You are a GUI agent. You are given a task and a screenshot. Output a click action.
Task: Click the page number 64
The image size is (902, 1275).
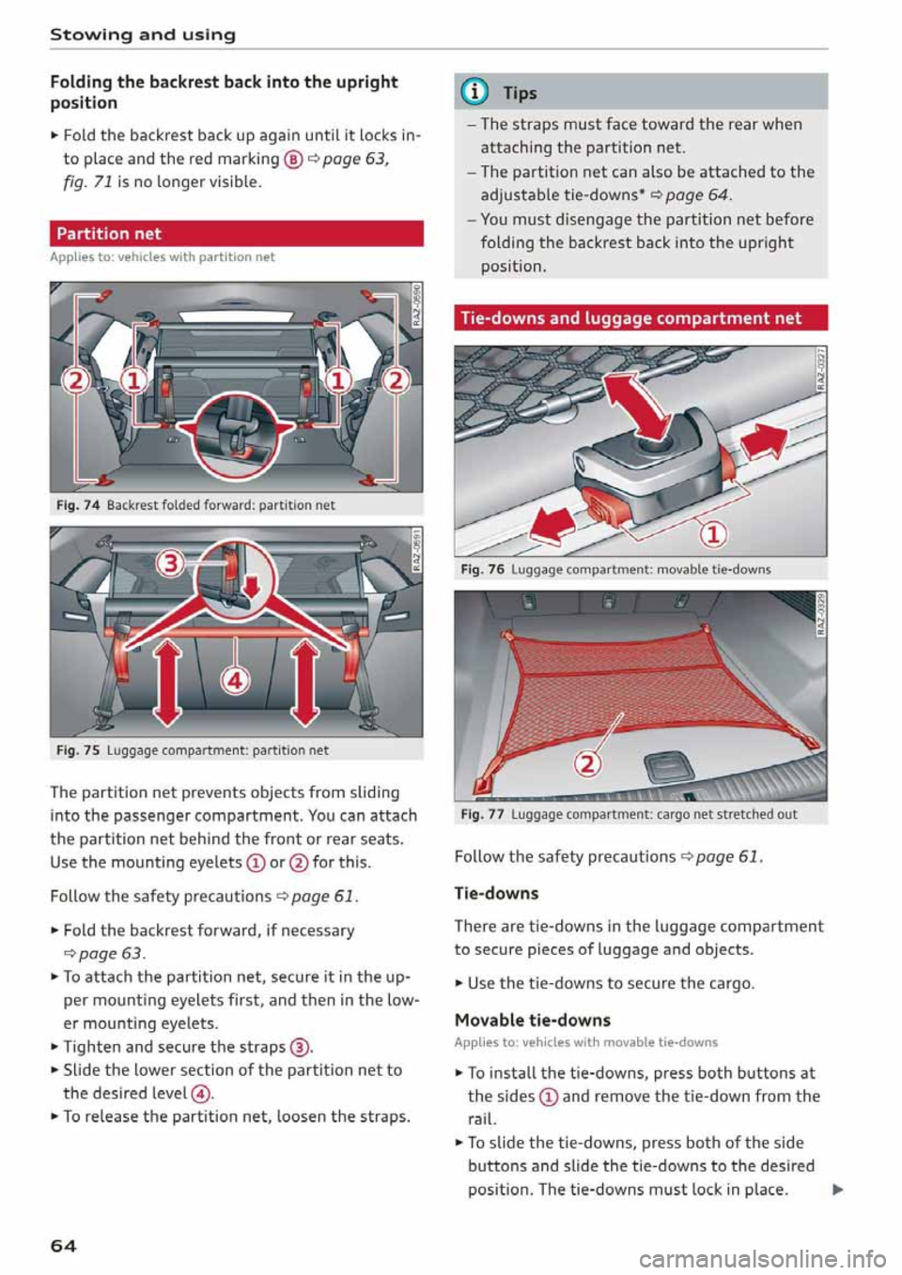click(63, 1246)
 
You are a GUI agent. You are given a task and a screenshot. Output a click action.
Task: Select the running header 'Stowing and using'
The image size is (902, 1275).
click(143, 35)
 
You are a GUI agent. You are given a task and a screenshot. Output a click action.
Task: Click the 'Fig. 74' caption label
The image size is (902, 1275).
click(78, 505)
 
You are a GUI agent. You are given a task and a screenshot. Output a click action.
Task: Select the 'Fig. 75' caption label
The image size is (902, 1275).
click(78, 750)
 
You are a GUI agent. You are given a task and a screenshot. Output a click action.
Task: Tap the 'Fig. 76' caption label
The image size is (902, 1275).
click(482, 569)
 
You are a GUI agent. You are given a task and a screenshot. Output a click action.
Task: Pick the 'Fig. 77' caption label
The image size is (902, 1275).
click(482, 814)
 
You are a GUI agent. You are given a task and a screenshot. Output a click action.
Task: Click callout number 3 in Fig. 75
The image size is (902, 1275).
click(171, 564)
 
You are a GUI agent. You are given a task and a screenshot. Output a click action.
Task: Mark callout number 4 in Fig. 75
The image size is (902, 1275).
click(235, 680)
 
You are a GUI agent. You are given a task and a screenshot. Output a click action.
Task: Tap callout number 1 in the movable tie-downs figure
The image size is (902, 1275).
click(713, 534)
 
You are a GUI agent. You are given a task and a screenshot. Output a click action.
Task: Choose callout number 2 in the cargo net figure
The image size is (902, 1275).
click(587, 762)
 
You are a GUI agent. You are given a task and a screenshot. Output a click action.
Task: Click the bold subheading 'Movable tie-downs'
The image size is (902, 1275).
click(532, 1020)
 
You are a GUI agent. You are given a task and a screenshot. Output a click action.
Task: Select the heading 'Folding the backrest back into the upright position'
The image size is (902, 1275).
click(224, 92)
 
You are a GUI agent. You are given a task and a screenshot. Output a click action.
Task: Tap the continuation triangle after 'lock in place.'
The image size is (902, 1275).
click(836, 1191)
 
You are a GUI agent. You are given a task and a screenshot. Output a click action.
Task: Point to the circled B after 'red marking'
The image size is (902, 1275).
click(293, 160)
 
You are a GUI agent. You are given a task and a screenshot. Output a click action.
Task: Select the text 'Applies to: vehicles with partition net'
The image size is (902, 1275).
click(163, 257)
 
